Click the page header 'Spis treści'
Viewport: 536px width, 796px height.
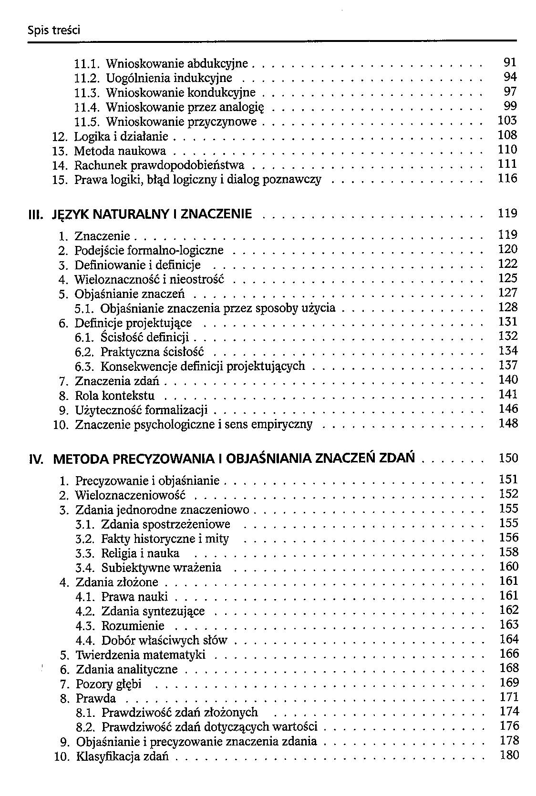[53, 31]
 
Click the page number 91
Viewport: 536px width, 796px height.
[510, 62]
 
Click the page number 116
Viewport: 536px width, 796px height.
[507, 179]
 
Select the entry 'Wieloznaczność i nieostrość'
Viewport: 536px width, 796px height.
[149, 279]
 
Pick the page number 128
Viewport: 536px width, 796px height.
[508, 307]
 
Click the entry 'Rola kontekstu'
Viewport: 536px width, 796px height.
[114, 396]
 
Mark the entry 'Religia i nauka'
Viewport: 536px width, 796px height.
[140, 553]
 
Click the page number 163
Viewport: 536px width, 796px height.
[509, 624]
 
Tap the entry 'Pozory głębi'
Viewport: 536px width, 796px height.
[109, 684]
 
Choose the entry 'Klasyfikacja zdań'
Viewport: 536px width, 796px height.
[123, 756]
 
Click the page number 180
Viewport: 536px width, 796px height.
[509, 755]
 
